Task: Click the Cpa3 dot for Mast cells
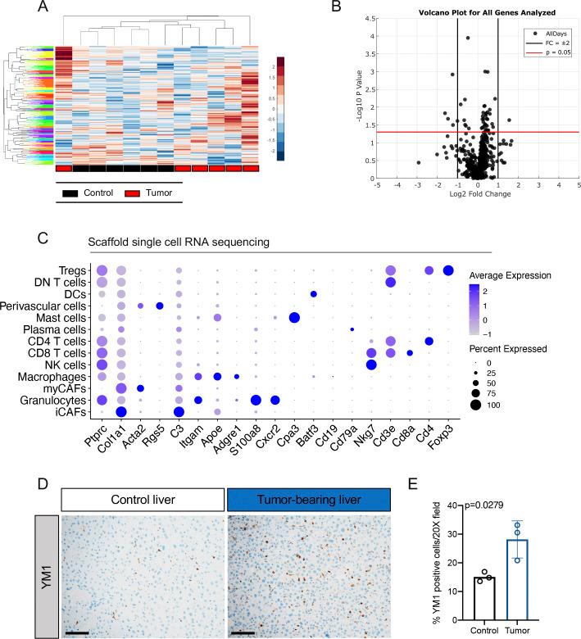tap(294, 318)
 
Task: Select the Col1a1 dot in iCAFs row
tap(120, 411)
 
